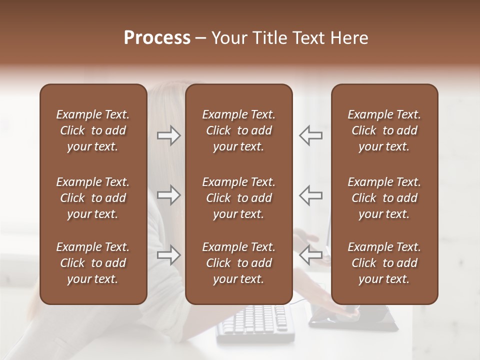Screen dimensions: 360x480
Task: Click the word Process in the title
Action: click(x=157, y=38)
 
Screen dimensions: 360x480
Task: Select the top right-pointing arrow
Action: click(x=169, y=135)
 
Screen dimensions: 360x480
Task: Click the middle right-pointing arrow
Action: click(x=169, y=195)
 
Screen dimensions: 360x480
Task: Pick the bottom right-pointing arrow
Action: click(x=169, y=255)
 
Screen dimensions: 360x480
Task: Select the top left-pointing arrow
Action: click(x=311, y=135)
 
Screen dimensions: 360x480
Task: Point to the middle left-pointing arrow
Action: click(x=311, y=195)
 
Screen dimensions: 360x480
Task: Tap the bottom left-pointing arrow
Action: click(x=311, y=255)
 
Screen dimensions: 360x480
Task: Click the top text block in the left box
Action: click(x=93, y=130)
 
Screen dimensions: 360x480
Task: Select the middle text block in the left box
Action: click(x=93, y=198)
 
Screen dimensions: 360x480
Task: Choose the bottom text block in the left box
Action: click(x=93, y=263)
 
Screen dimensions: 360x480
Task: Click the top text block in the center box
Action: click(x=238, y=130)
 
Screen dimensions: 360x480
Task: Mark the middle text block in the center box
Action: click(x=238, y=198)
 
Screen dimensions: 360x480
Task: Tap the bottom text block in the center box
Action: click(x=238, y=263)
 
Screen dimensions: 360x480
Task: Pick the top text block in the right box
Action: click(x=384, y=130)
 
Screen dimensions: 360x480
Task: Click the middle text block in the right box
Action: click(x=384, y=198)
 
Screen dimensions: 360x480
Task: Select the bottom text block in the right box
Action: click(x=384, y=263)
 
